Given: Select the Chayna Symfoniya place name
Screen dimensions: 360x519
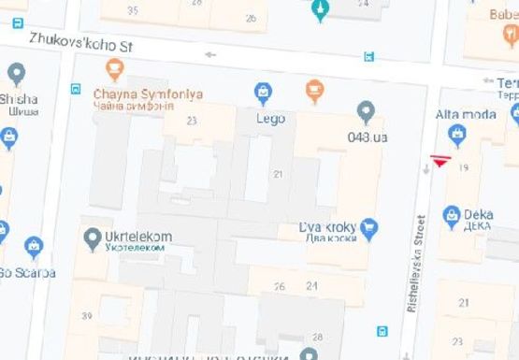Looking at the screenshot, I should pos(148,94).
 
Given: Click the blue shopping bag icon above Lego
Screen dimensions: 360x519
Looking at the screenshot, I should pos(264,93).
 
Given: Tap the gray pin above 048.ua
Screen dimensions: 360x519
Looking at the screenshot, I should pos(366,112).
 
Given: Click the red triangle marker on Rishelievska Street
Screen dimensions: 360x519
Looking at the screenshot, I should pos(440,161).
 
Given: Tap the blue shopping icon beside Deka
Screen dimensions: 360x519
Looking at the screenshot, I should pos(452,215).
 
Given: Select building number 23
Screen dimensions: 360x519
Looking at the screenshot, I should pos(192,121).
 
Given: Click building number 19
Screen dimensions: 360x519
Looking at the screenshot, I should pos(464,166).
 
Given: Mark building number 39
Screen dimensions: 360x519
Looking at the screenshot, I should pos(86,316).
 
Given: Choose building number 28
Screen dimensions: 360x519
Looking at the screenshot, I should pos(318,337).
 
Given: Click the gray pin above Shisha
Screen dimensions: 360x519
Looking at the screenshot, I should pos(16,73).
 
